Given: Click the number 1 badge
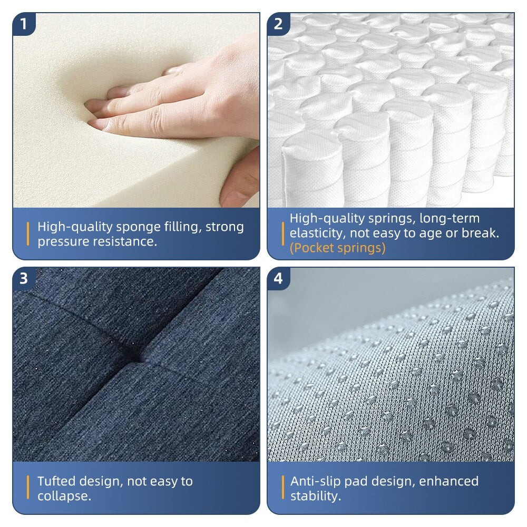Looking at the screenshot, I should click(x=23, y=24).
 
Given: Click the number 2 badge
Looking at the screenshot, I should click(x=278, y=24).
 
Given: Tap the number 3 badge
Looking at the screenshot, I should click(x=23, y=278).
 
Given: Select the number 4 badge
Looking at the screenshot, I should click(x=278, y=278).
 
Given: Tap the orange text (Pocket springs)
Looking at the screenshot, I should click(x=337, y=248).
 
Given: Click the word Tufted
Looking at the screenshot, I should click(x=56, y=481).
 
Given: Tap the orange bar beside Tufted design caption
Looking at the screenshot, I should click(x=28, y=487).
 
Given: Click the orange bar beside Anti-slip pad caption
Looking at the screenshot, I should click(x=282, y=487).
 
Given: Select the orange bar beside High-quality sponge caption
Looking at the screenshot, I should click(x=28, y=234).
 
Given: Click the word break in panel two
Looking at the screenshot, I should click(x=481, y=233).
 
